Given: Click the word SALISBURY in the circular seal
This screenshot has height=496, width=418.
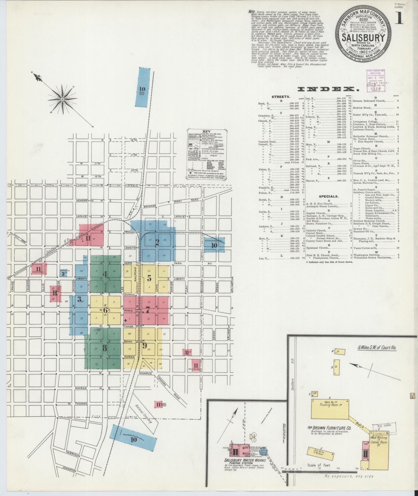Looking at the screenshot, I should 363,38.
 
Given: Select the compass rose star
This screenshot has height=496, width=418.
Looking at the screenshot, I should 62,99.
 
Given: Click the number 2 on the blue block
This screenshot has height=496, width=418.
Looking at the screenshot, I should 157,242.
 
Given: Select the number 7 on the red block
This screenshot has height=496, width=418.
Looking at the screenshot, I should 148,310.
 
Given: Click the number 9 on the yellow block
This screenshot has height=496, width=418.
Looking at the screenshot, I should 144,345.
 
